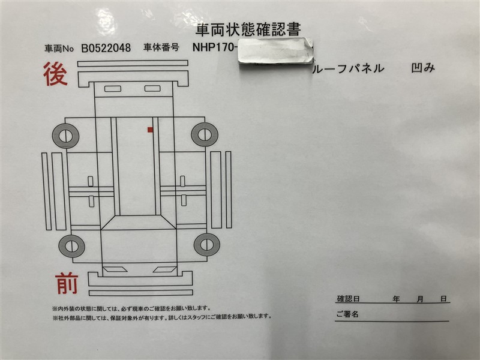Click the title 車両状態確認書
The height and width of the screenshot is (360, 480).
(x=248, y=29)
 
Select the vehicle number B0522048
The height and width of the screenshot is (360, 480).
(x=106, y=48)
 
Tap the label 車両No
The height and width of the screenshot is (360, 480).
(x=59, y=49)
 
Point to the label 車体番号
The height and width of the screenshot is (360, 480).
(x=161, y=47)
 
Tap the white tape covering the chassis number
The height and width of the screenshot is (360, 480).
(x=276, y=51)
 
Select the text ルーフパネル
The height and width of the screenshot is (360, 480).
(x=348, y=68)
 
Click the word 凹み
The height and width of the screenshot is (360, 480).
(x=423, y=68)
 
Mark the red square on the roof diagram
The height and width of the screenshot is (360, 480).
(x=150, y=130)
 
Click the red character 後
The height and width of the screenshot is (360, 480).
(x=55, y=73)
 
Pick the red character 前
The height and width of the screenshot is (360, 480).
(x=67, y=284)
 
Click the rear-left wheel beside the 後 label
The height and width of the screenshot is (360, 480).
(x=65, y=136)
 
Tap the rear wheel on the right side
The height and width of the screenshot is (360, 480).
(x=205, y=134)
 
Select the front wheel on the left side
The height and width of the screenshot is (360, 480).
(x=71, y=246)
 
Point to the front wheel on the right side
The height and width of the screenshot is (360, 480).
(x=207, y=245)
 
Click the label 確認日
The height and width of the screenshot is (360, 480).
(x=348, y=298)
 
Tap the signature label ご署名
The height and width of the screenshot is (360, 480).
(x=347, y=314)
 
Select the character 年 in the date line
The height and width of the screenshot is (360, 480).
(x=396, y=299)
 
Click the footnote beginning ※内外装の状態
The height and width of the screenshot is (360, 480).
(x=131, y=308)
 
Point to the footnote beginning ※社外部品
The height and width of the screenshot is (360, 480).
(x=162, y=316)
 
